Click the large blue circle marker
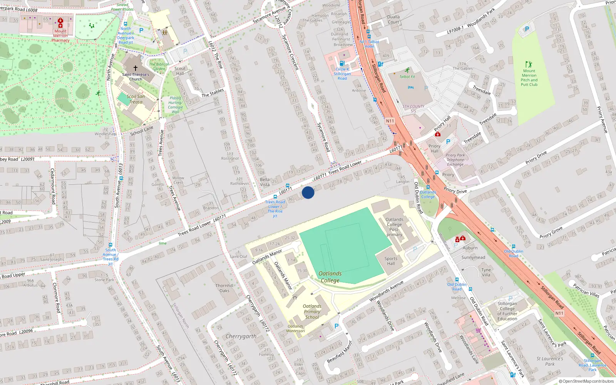(308, 192)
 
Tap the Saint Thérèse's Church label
(136, 77)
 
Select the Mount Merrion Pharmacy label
(60, 35)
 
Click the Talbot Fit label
(407, 77)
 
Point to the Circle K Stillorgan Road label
(342, 74)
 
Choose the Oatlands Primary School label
(312, 312)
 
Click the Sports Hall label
(391, 261)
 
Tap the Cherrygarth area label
(241, 336)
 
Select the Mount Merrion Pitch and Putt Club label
(529, 78)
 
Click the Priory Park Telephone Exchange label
(455, 160)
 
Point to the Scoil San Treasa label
(136, 99)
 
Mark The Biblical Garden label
(159, 67)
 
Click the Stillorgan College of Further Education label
(507, 311)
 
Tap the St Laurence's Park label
(550, 361)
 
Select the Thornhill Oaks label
(224, 288)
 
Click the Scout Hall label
(180, 71)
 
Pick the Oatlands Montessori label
(296, 328)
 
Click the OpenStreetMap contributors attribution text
(586, 382)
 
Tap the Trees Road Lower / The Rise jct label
(275, 209)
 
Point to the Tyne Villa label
(486, 272)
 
